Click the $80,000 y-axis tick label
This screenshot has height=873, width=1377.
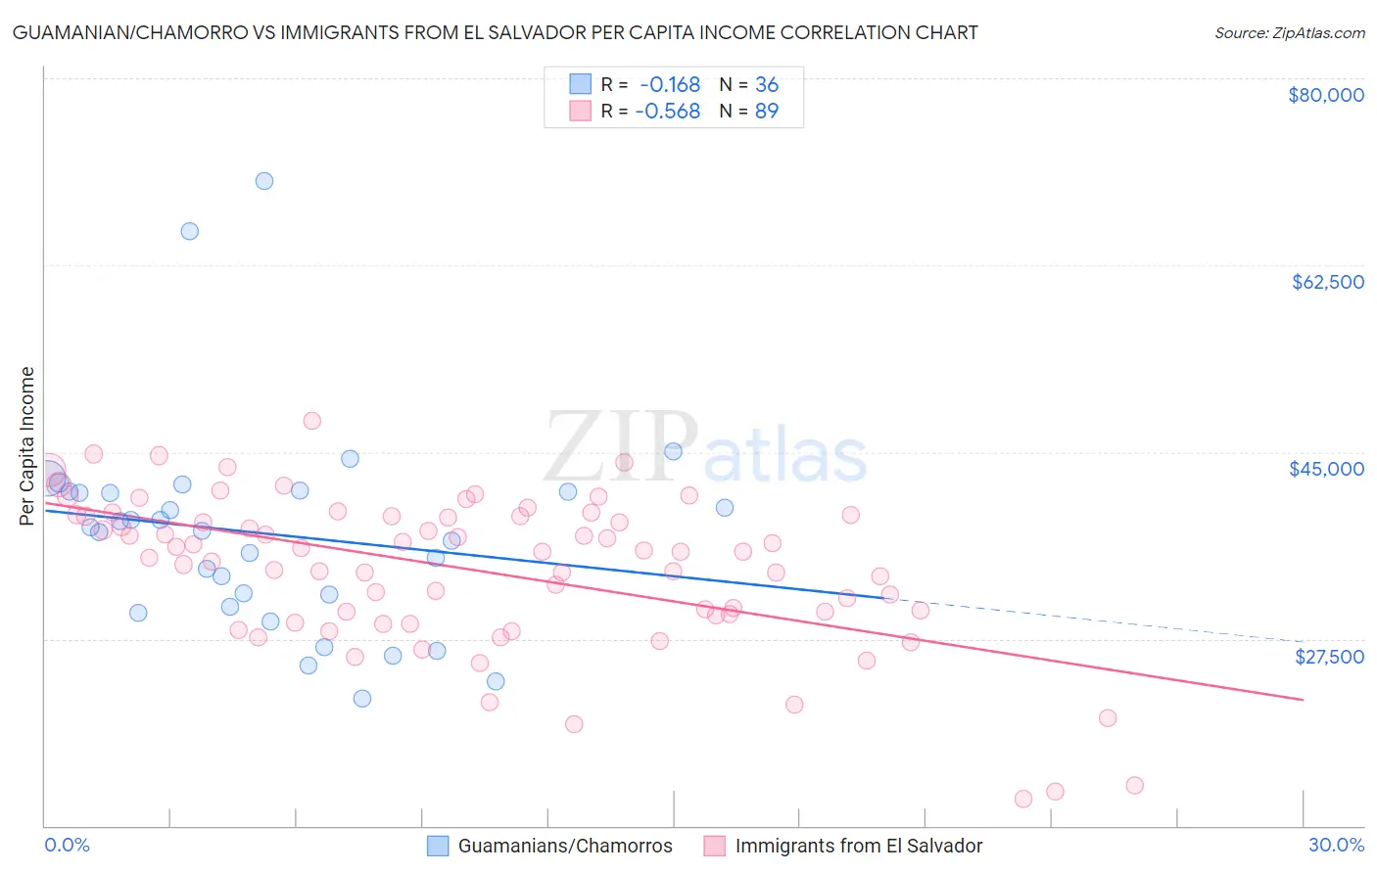pyautogui.click(x=1326, y=95)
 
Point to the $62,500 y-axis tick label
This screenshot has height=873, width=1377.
pyautogui.click(x=1327, y=282)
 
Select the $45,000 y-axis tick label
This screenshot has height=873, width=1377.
pyautogui.click(x=1326, y=469)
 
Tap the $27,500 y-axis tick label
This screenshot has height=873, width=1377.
pyautogui.click(x=1329, y=657)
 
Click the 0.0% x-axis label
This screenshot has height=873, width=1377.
pyautogui.click(x=67, y=845)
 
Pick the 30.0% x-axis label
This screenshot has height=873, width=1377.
pyautogui.click(x=1336, y=845)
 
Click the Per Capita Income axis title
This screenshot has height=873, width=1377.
pyautogui.click(x=27, y=445)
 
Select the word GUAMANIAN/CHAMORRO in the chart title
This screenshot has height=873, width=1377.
pyautogui.click(x=112, y=33)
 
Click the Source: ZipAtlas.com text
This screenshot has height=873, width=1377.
pyautogui.click(x=1289, y=33)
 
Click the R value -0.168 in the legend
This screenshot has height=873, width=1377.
pyautogui.click(x=670, y=85)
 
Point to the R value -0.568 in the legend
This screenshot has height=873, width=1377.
pyautogui.click(x=668, y=112)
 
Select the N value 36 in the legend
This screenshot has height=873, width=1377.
pyautogui.click(x=767, y=85)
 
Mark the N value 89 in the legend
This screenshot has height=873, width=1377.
pyautogui.click(x=767, y=112)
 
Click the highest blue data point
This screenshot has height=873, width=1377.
pyautogui.click(x=264, y=181)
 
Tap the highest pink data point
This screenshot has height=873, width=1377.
pyautogui.click(x=312, y=421)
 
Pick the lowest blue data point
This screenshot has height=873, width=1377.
pyautogui.click(x=362, y=699)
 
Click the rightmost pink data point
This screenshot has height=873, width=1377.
pyautogui.click(x=1135, y=786)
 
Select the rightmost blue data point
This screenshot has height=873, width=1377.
pyautogui.click(x=725, y=508)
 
